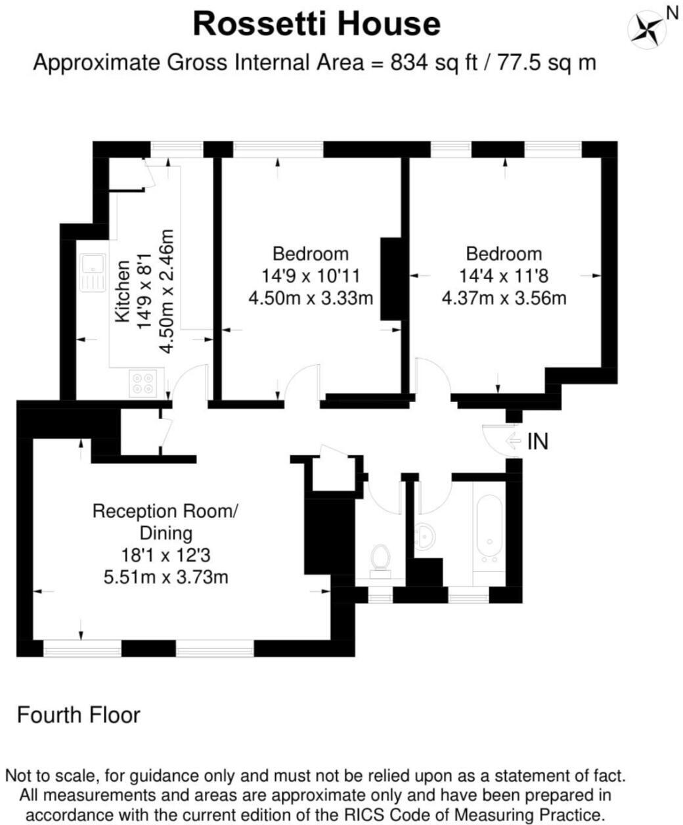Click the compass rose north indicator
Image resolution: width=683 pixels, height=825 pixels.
646,28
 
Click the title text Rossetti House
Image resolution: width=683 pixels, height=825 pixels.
317,25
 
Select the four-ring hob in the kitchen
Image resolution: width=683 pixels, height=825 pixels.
143,383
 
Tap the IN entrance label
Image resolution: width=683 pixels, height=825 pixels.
538,442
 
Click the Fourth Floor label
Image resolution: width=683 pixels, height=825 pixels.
78,715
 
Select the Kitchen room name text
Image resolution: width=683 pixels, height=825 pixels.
123,292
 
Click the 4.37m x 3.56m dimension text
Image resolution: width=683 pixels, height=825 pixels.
504,298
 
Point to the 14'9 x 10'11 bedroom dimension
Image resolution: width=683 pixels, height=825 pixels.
311,276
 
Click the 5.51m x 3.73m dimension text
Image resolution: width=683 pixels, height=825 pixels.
165,577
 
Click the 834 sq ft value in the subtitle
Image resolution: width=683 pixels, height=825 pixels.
433,63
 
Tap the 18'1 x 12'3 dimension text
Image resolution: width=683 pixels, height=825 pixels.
165,556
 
